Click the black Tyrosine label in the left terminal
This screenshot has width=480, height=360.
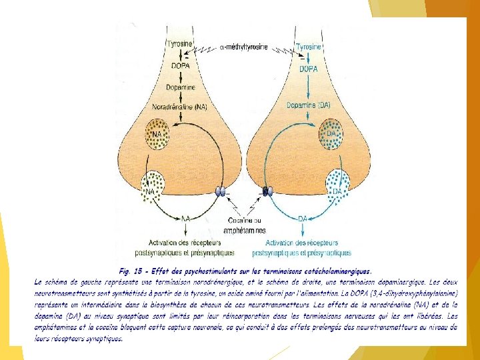click(x=180, y=43)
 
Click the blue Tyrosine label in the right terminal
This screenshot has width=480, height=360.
click(x=309, y=47)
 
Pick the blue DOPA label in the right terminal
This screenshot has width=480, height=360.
click(x=308, y=69)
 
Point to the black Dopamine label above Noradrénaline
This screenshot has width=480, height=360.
click(x=180, y=87)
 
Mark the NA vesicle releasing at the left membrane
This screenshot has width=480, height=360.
click(x=155, y=187)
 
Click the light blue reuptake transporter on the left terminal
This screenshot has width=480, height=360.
click(x=219, y=192)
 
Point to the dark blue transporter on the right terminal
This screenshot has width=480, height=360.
click(x=268, y=191)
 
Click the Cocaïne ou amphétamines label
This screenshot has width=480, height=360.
click(x=245, y=225)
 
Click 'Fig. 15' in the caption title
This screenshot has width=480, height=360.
click(x=131, y=272)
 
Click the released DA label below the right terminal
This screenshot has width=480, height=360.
click(x=302, y=219)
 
